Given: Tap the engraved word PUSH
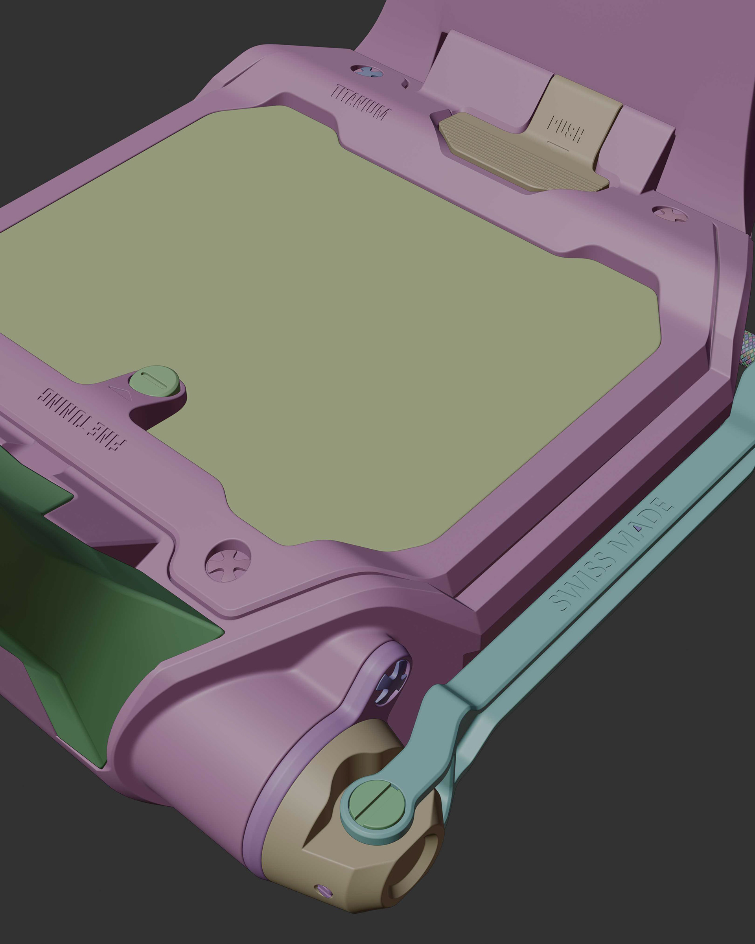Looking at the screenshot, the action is click(x=565, y=129).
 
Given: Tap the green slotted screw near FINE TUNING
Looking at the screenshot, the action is click(x=156, y=379).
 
